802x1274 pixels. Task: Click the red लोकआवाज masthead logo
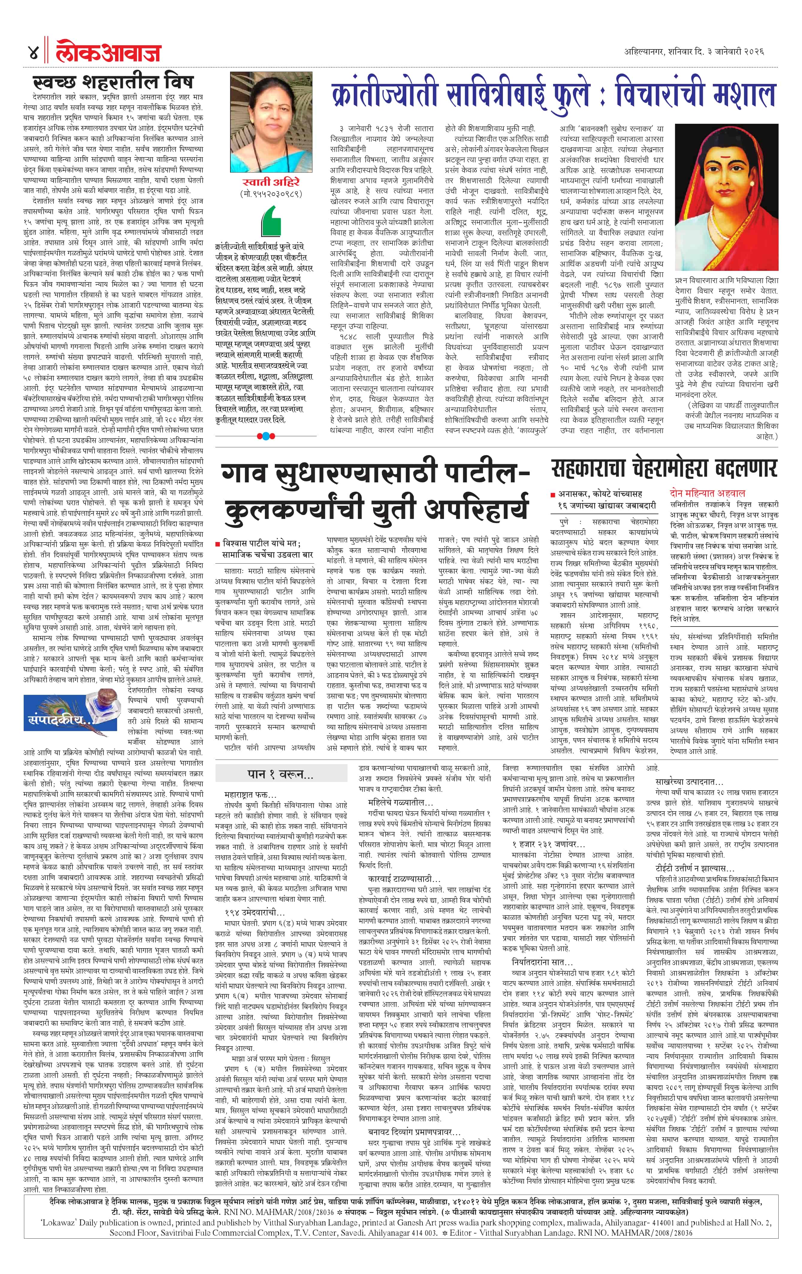click(x=108, y=53)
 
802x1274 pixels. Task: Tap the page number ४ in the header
click(x=33, y=53)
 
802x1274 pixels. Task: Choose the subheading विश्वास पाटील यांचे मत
click(x=263, y=543)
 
